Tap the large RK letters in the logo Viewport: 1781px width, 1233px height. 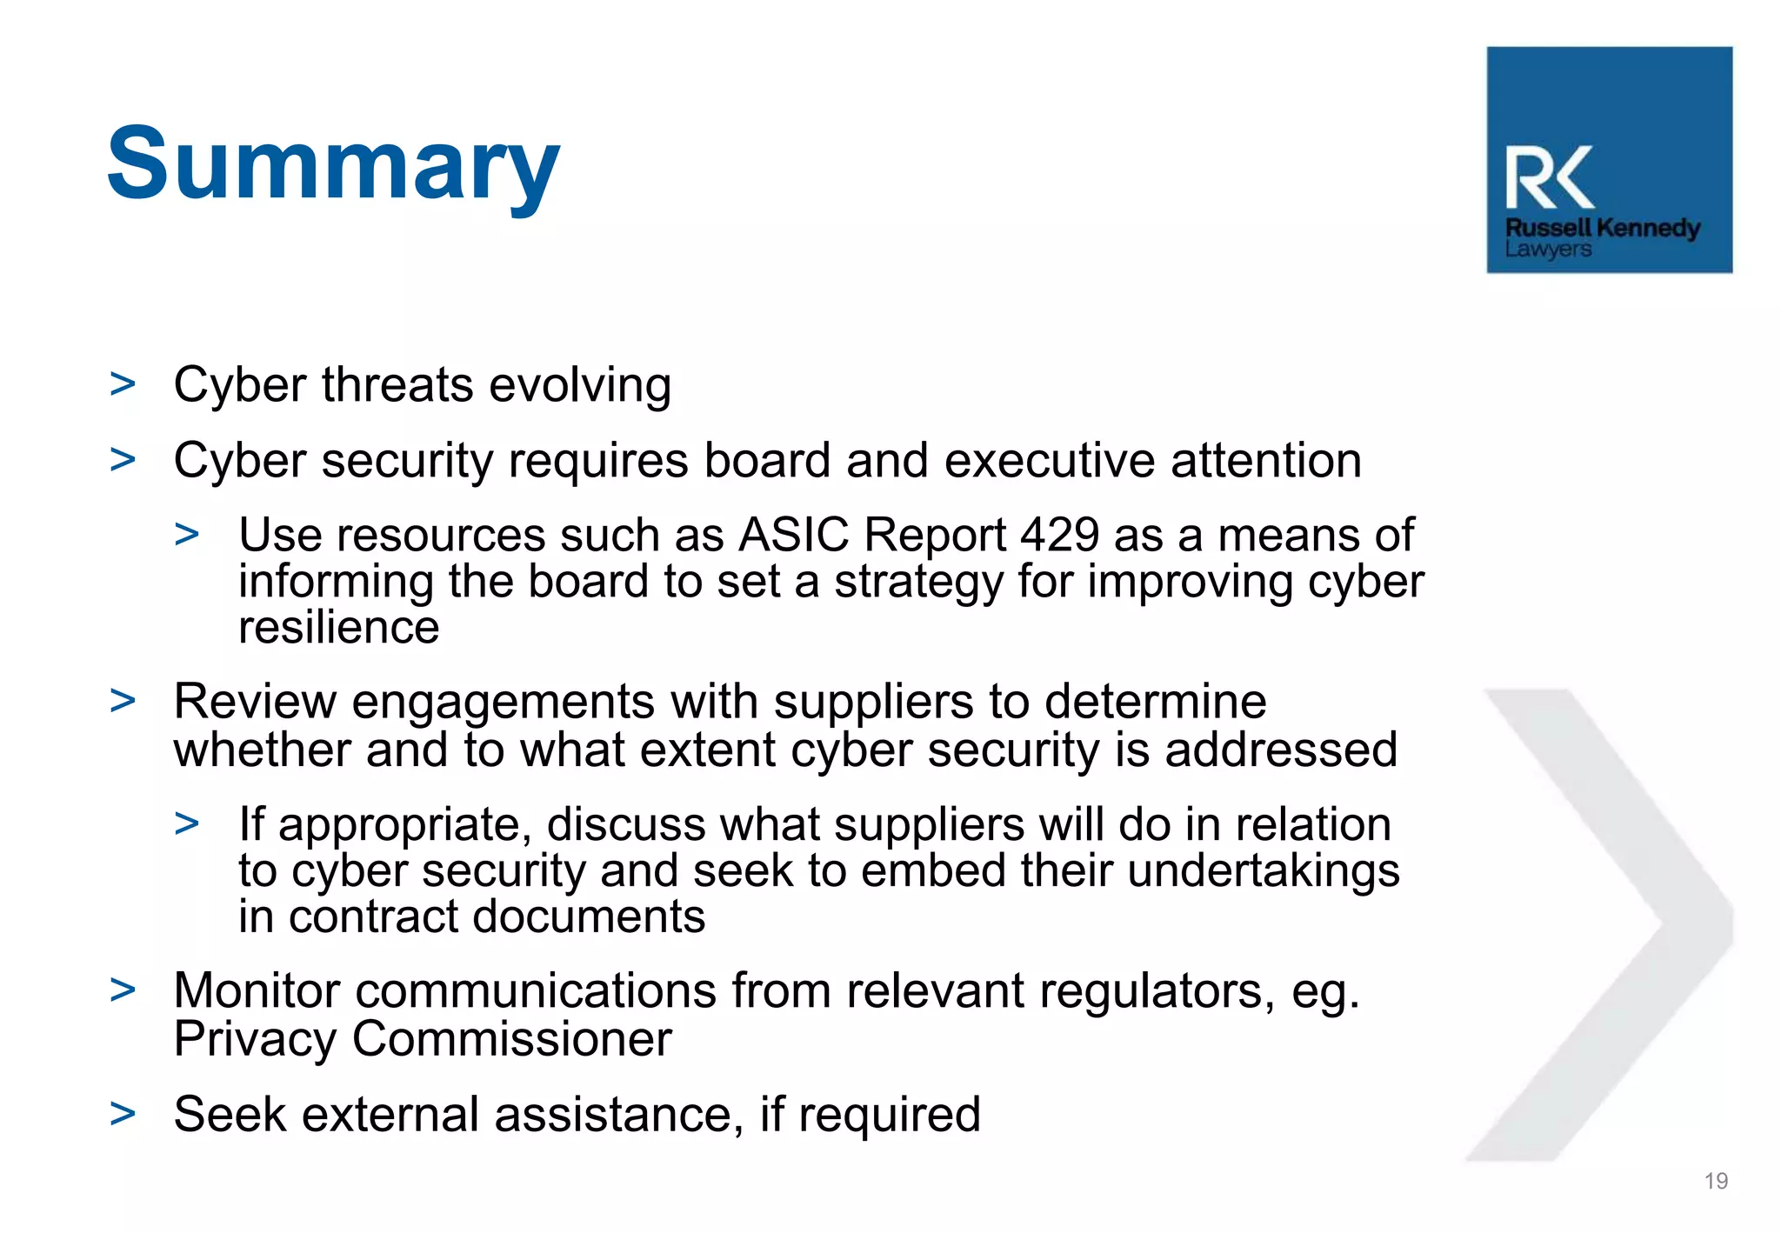[1549, 178]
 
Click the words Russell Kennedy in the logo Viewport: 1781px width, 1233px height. [1602, 228]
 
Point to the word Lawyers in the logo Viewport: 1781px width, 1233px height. [1548, 250]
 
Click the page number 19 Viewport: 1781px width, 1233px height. [1715, 1181]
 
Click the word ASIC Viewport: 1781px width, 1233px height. [793, 535]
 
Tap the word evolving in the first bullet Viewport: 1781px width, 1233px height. [580, 385]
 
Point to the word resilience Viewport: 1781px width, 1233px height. [339, 628]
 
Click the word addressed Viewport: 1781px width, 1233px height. [1280, 750]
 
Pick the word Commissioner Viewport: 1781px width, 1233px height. [511, 1039]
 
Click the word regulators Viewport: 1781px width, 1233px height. [1060, 991]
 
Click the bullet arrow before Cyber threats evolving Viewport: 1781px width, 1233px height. [123, 384]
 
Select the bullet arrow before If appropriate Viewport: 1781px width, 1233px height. [187, 823]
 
